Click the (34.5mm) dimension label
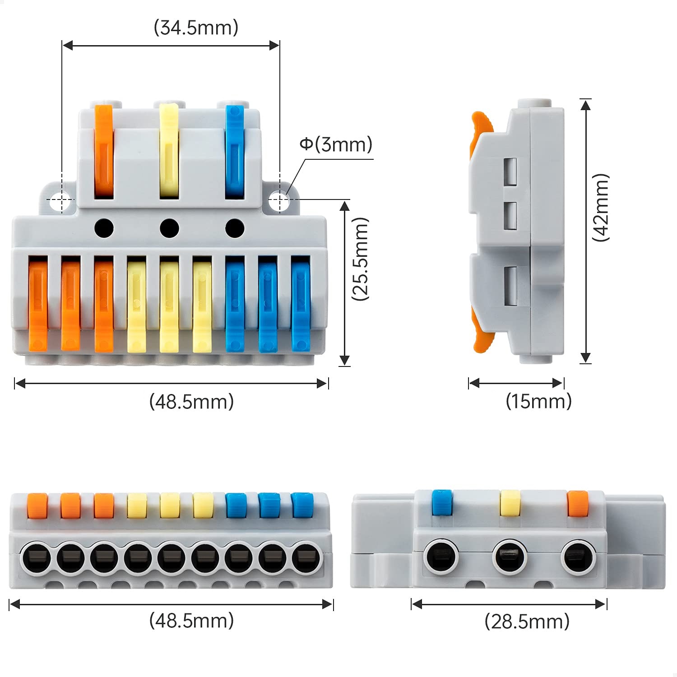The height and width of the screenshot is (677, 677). click(x=196, y=28)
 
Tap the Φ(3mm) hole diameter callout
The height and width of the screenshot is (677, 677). click(x=336, y=144)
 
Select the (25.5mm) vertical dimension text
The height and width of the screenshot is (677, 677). click(x=361, y=259)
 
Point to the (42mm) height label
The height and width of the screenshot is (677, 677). click(x=601, y=207)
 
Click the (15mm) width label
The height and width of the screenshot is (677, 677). click(x=538, y=401)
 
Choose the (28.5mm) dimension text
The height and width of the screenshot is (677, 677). click(x=527, y=621)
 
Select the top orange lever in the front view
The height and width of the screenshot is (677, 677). click(x=103, y=151)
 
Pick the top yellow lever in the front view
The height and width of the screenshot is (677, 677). click(x=169, y=151)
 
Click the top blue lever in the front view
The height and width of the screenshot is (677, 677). click(x=235, y=151)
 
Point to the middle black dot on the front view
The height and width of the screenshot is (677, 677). click(x=169, y=228)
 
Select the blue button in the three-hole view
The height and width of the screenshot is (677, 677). click(x=442, y=502)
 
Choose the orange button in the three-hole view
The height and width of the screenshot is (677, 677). click(x=578, y=503)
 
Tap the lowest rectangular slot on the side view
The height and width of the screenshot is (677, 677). click(x=510, y=284)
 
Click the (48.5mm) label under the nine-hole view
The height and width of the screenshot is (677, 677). click(x=191, y=621)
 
